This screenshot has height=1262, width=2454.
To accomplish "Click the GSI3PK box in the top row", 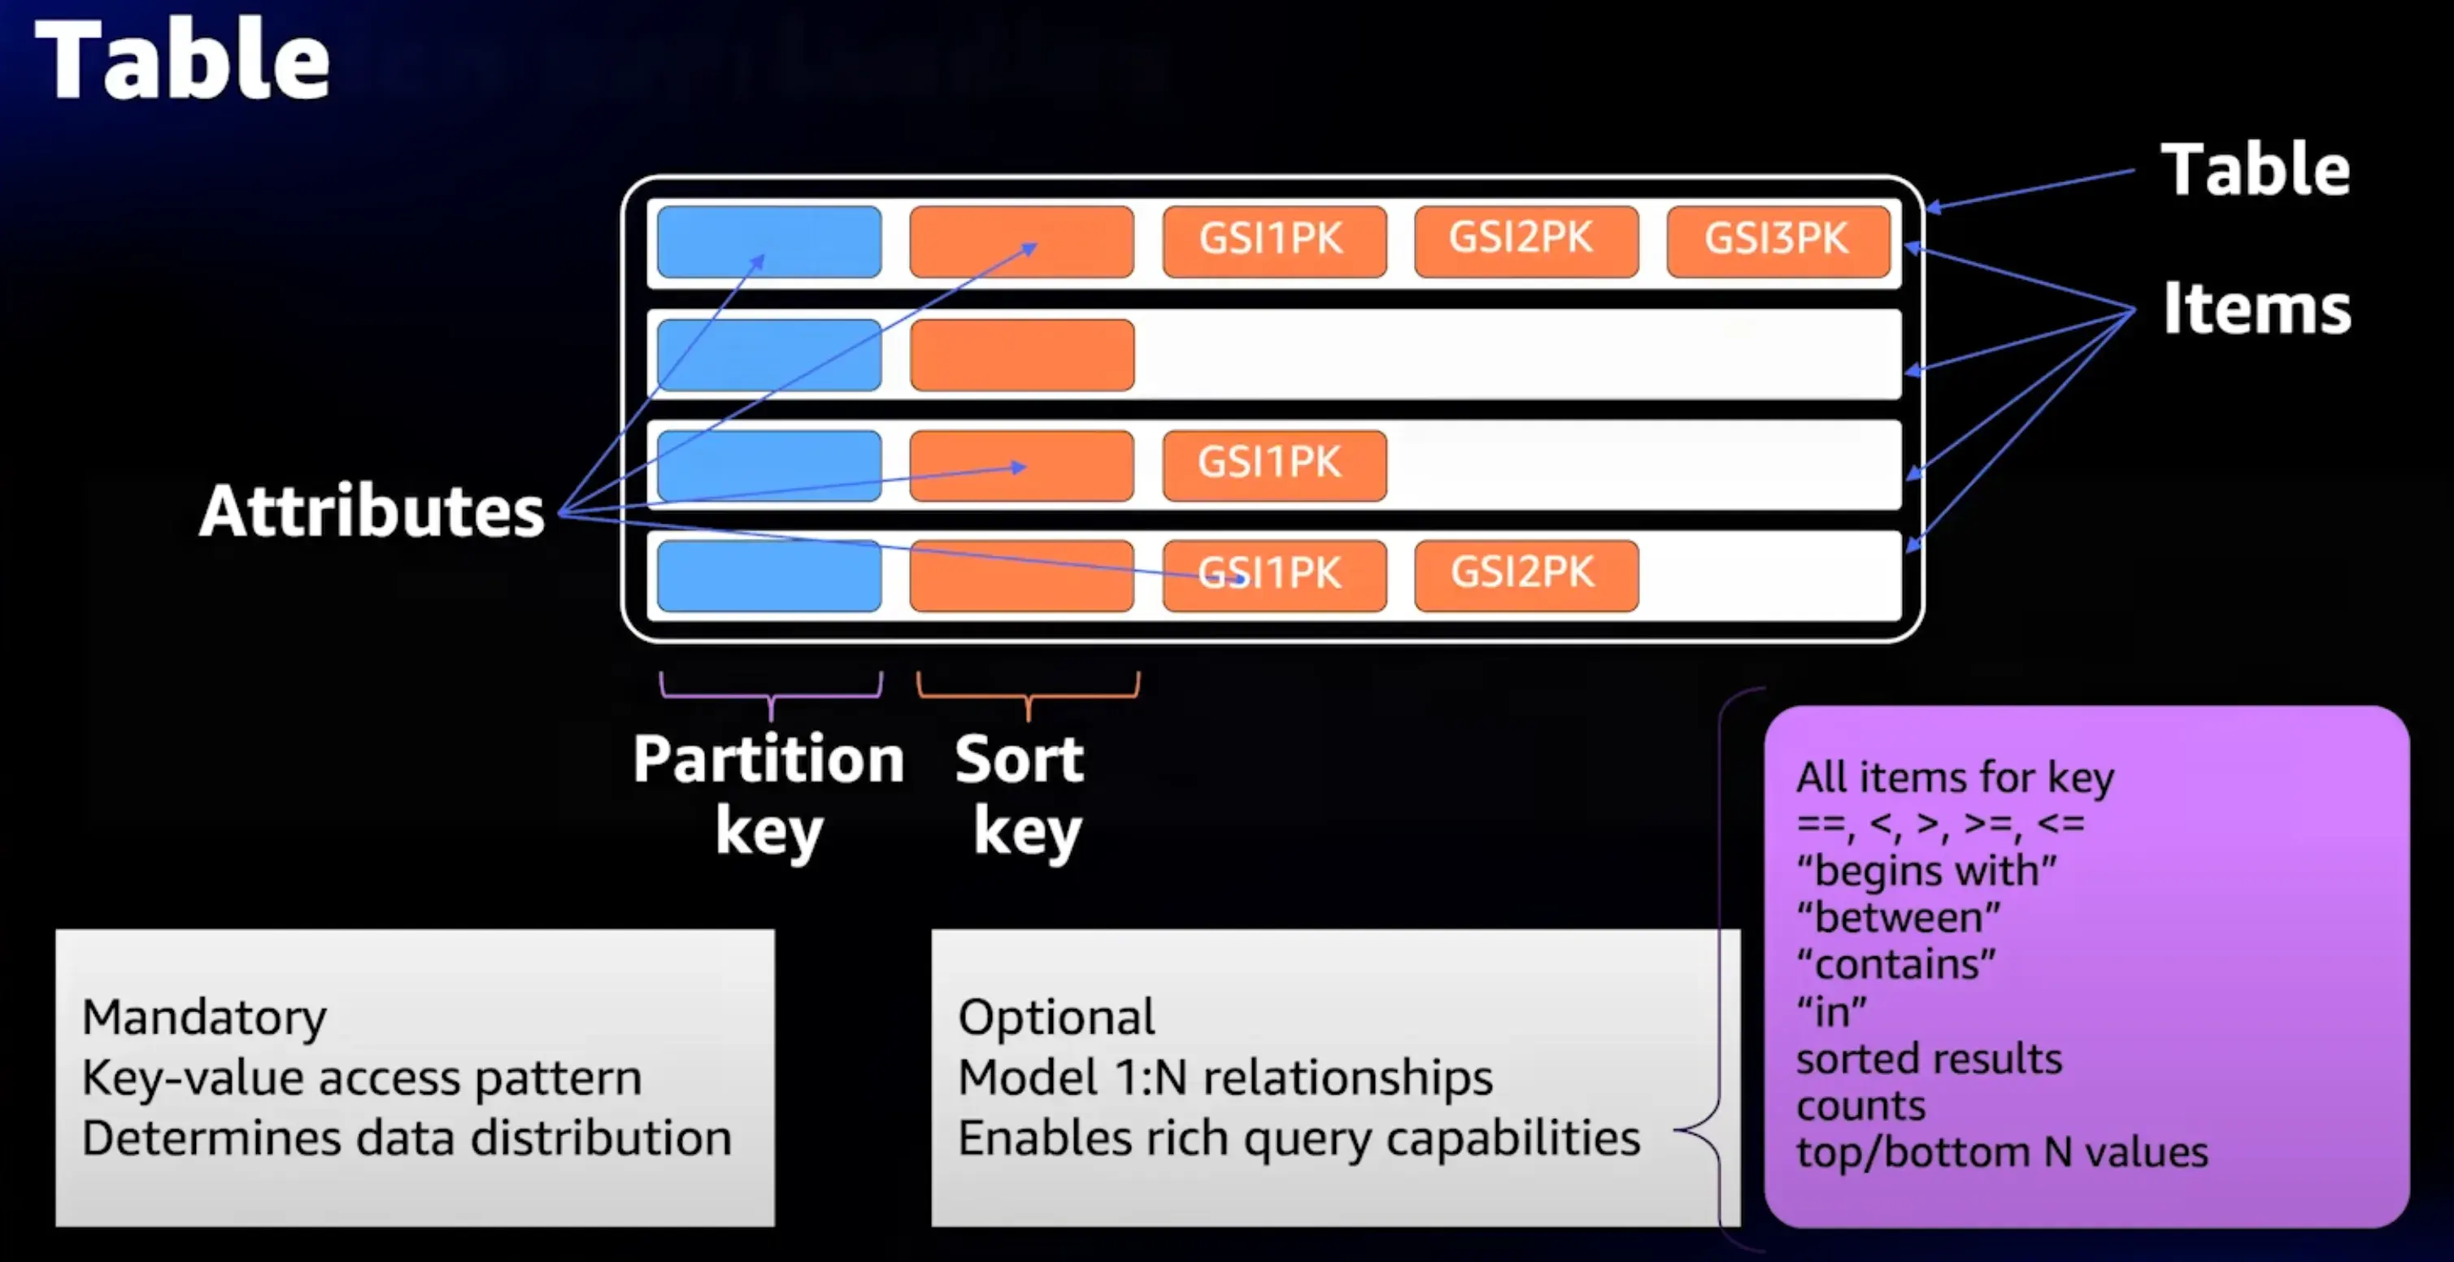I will coord(1777,241).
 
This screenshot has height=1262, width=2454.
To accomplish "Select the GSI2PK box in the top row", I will coord(1525,241).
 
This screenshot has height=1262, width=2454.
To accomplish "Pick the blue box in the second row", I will coord(768,355).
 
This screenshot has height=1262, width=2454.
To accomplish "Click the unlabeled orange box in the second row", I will coord(1021,355).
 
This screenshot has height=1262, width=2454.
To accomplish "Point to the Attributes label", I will coord(372,511).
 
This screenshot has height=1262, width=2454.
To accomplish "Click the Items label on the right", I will coord(2256,309).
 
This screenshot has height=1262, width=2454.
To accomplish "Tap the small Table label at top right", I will coord(2254,169).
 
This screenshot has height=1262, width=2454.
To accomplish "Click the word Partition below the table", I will coord(768,759).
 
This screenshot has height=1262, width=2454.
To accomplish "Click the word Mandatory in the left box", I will coord(204,1017).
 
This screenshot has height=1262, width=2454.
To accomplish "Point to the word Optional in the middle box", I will coord(1055,1017).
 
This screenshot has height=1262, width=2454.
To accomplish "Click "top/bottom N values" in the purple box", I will coord(2001,1152).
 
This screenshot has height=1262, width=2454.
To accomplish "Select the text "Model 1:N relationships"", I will coord(1224,1078).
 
